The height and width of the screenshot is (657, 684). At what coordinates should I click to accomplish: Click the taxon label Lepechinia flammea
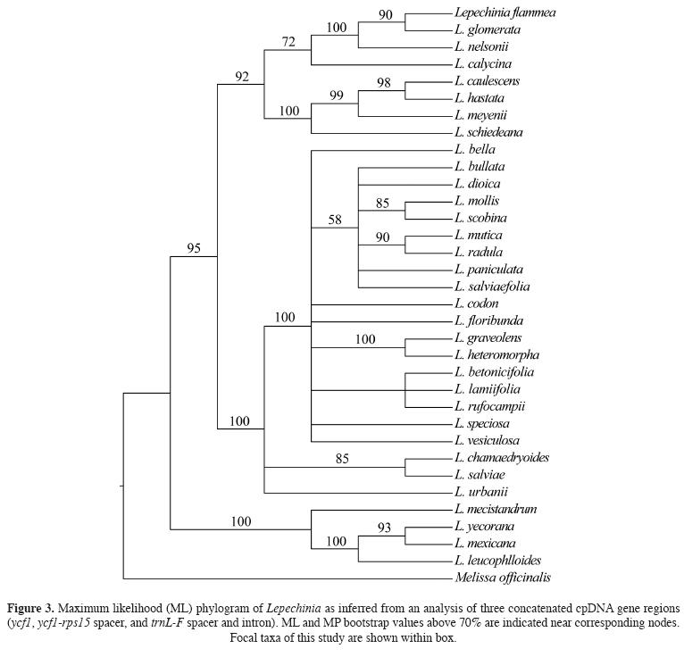pos(505,12)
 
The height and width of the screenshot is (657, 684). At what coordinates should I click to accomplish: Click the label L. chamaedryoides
pos(501,458)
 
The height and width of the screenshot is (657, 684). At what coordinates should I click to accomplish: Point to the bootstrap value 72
pos(288,43)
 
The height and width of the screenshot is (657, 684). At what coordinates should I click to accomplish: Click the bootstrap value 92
pos(241,77)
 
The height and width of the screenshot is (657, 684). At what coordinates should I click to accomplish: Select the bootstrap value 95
pos(194,248)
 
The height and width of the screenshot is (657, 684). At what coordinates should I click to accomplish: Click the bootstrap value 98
pos(383,82)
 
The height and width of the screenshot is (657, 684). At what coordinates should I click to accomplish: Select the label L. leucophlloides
pos(498,561)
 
